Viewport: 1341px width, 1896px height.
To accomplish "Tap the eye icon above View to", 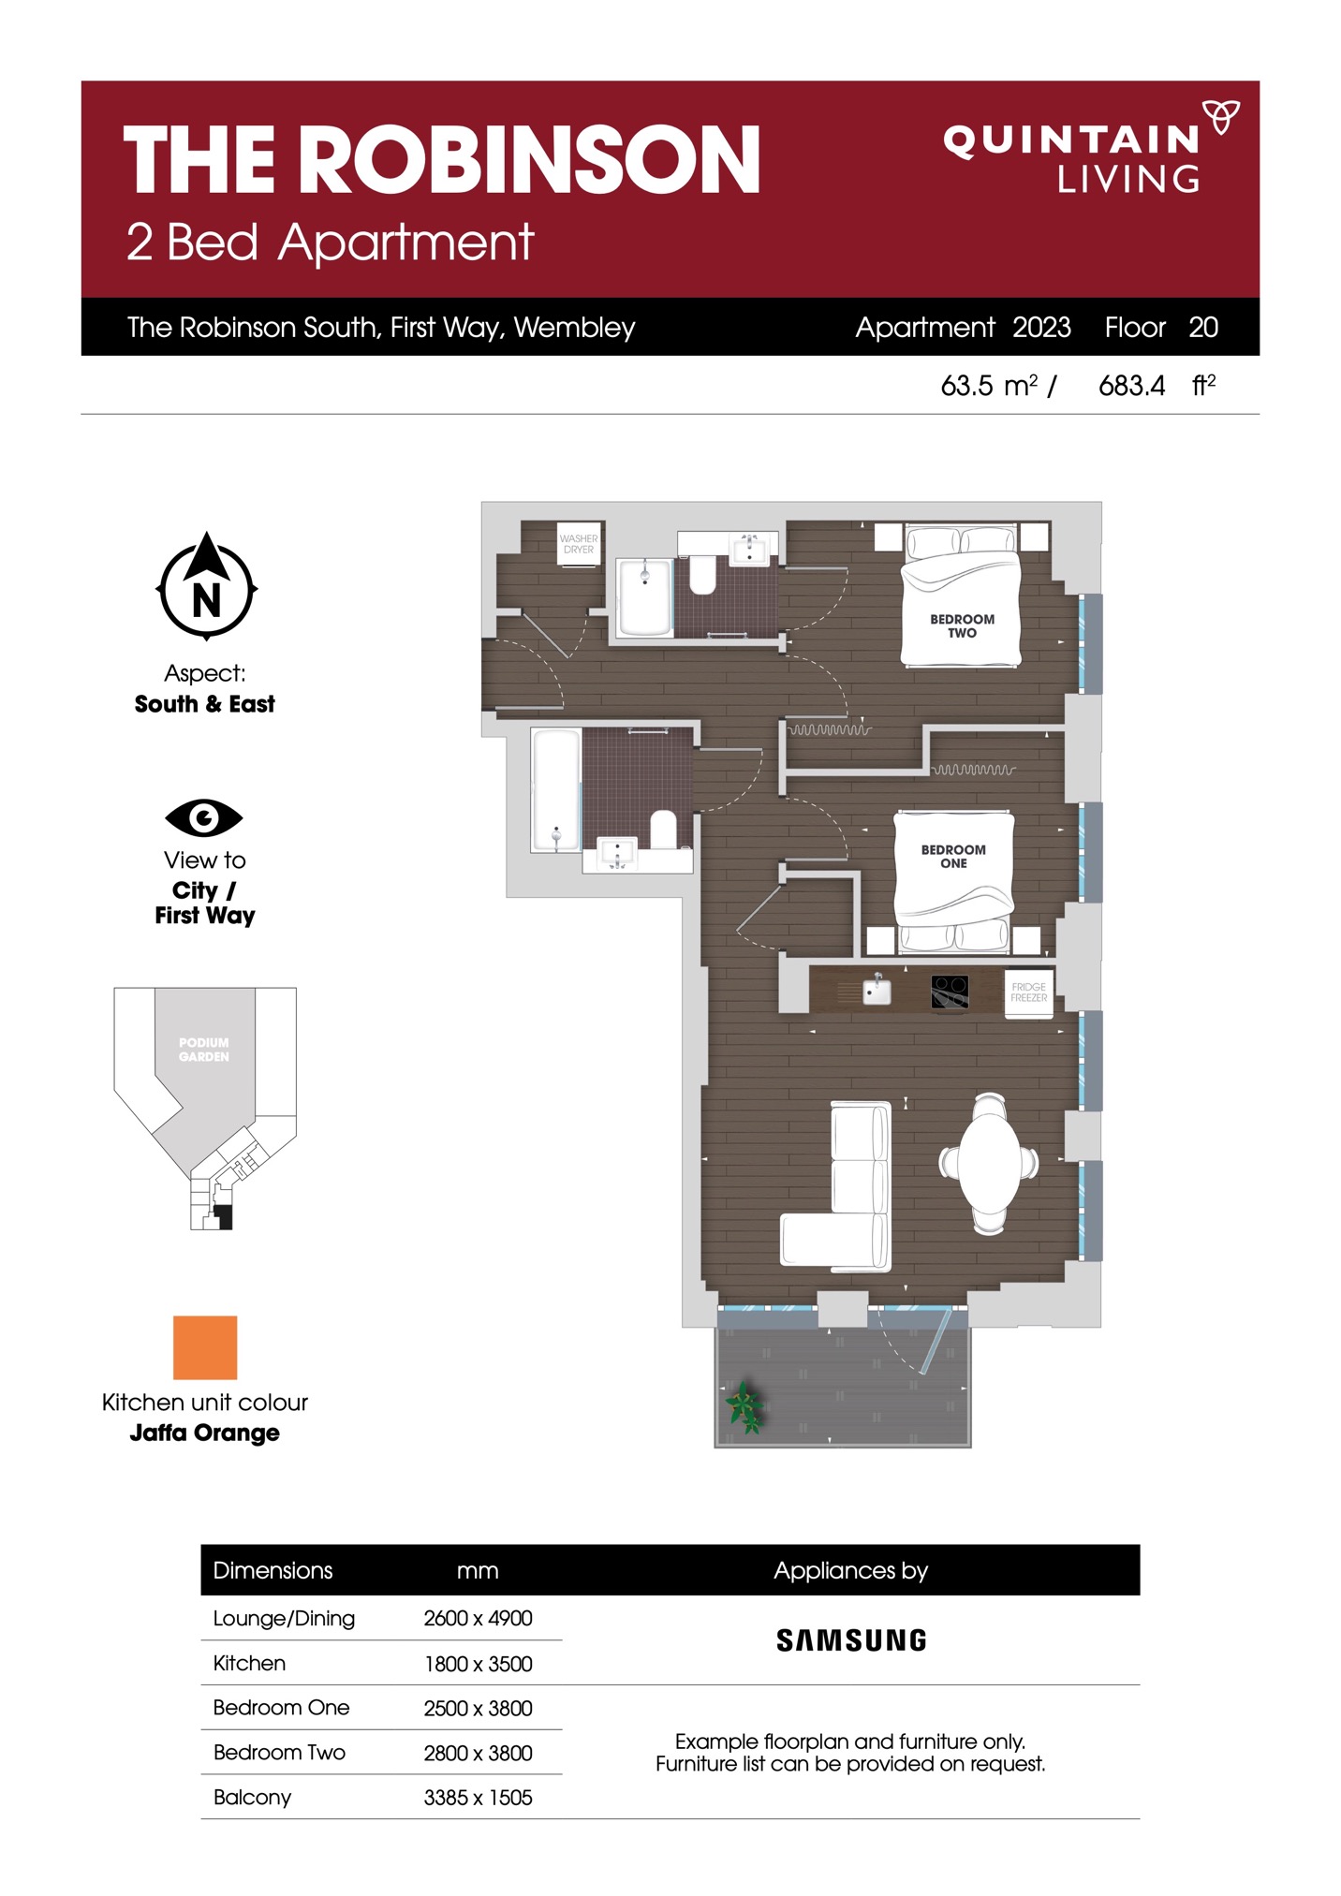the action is (204, 817).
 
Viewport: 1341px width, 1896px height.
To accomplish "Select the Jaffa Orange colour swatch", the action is (205, 1347).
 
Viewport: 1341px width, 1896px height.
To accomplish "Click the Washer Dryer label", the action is (579, 544).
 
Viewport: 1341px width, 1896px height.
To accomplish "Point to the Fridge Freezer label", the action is (1028, 992).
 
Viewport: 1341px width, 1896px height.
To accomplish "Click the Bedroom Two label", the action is (962, 625).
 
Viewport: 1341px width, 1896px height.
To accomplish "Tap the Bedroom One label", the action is (953, 856).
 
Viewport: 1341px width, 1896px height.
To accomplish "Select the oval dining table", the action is (989, 1163).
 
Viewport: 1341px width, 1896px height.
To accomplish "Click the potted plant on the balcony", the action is (745, 1406).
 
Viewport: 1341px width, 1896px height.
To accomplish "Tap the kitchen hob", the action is (950, 992).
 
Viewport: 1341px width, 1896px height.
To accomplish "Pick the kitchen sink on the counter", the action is (877, 991).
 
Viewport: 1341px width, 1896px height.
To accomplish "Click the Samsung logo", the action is (851, 1639).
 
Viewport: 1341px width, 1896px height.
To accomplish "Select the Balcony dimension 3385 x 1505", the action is (478, 1797).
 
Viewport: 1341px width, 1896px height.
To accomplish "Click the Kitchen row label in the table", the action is (249, 1663).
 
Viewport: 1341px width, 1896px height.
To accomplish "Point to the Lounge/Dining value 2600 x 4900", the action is (478, 1618).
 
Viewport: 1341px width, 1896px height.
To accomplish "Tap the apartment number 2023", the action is (1041, 327).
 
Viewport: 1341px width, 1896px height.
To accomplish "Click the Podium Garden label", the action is (204, 1050).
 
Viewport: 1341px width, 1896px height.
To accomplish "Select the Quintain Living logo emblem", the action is (1221, 116).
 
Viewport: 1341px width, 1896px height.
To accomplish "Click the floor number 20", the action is (1203, 327).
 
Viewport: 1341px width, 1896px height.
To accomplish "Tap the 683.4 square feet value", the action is (1131, 385).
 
